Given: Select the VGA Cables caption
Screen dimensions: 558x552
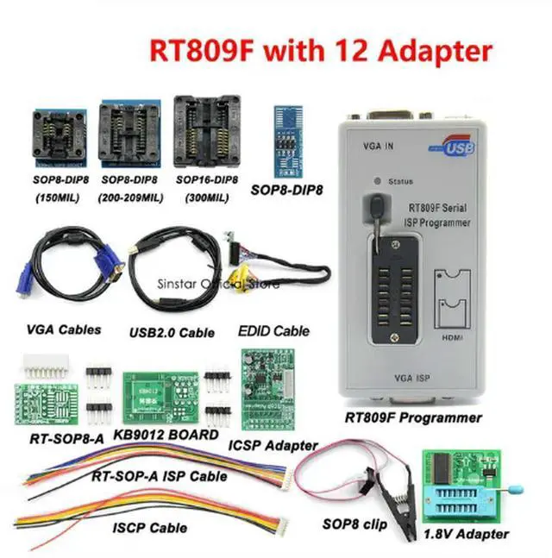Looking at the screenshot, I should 64,329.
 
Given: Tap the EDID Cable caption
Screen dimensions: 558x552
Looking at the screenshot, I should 273,331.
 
